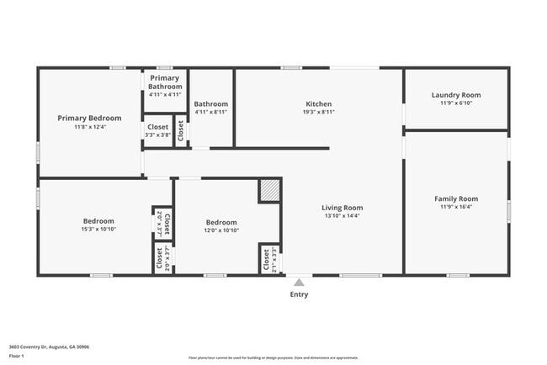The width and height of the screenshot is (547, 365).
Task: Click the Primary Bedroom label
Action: click(89, 118)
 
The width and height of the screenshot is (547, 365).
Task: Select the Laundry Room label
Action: click(455, 95)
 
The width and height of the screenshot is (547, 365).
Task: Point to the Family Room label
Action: click(455, 198)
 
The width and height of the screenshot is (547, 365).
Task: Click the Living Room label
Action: click(342, 207)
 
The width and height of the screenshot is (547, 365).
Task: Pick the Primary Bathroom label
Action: click(165, 82)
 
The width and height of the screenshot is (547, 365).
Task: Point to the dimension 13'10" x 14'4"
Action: click(342, 216)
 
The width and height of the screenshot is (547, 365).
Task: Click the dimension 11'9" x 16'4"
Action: click(455, 207)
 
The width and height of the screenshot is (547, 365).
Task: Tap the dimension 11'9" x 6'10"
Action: click(455, 103)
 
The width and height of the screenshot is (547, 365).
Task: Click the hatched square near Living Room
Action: click(269, 190)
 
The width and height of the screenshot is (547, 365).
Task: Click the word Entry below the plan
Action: click(299, 294)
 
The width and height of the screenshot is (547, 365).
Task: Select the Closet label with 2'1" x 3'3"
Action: click(266, 260)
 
